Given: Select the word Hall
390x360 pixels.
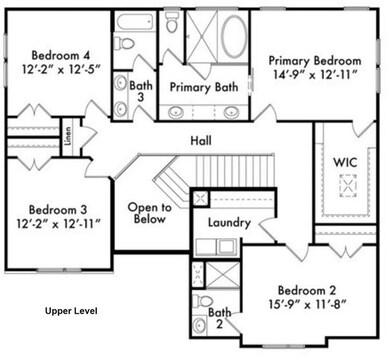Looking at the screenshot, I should (200, 141).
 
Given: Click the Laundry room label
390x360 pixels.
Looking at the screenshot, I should (228, 222).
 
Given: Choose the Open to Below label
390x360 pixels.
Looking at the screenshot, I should (150, 215).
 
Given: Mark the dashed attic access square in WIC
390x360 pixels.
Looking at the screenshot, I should (349, 184).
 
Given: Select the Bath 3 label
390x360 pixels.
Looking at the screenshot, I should (140, 91).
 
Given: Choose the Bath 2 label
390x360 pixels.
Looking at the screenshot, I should (218, 318).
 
